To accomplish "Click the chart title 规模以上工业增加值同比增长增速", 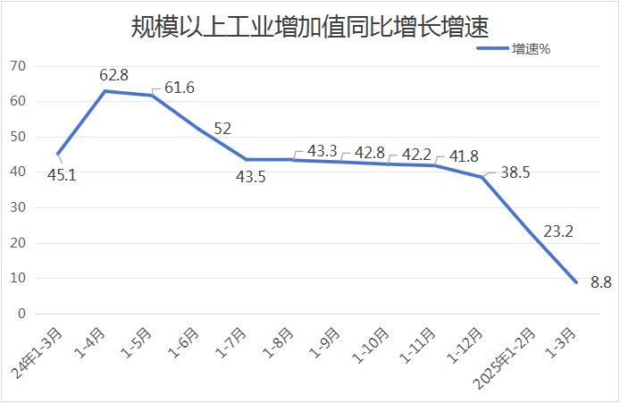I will point(310,27).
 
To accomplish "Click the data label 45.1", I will point(61,175).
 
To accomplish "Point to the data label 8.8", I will point(600,282).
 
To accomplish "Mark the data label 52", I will point(222,129).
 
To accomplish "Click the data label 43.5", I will point(252,177).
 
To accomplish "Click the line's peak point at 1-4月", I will point(105,91).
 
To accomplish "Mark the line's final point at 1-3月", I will point(576,282).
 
